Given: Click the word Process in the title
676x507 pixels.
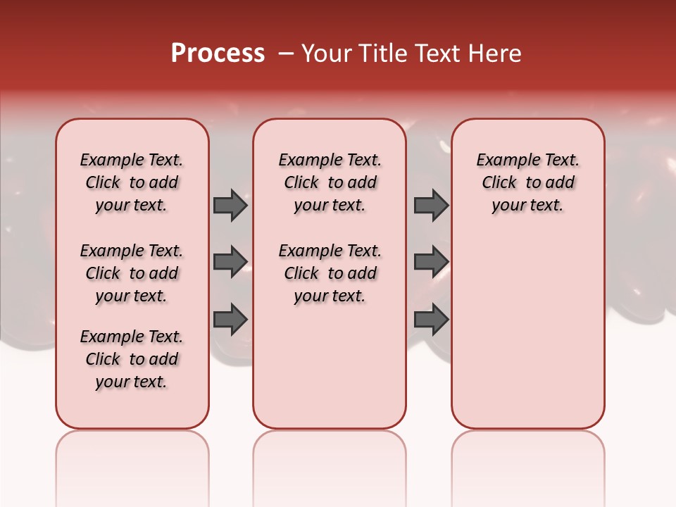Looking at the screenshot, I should (218, 54).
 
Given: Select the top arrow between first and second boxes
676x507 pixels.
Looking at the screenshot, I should (230, 206).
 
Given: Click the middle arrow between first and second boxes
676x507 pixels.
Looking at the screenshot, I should (230, 262).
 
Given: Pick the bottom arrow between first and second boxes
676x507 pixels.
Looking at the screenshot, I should (230, 319).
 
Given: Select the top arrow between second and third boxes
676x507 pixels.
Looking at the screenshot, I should (431, 206).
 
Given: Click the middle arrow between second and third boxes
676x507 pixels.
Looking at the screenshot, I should (431, 262).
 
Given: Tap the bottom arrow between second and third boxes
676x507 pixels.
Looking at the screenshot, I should (431, 319).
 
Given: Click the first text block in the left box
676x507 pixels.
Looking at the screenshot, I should (132, 182).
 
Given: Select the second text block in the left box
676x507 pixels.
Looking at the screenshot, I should (132, 273).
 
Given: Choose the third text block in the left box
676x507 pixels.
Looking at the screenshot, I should (132, 359).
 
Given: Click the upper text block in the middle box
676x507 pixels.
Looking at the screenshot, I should (330, 182).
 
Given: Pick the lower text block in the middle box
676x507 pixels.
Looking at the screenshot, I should (330, 273).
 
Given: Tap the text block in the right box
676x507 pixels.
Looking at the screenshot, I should (527, 182).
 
